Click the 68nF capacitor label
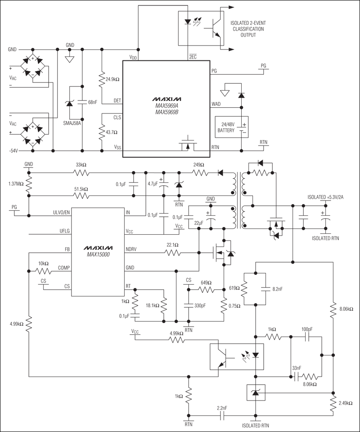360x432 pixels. point(93,102)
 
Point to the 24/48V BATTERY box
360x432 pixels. point(231,127)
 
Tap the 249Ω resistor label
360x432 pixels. point(198,165)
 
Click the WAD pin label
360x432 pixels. point(216,104)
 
